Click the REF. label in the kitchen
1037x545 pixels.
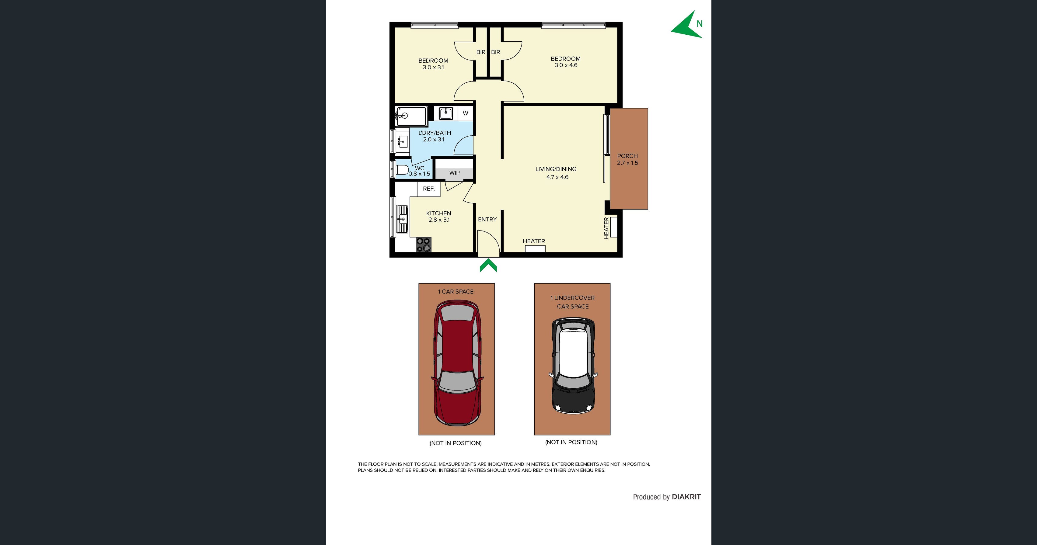coord(429,189)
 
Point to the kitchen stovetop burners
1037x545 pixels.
coord(423,244)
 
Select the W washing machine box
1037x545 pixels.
coord(465,113)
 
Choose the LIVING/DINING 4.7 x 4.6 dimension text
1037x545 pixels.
coord(557,177)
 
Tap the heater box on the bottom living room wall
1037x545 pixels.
coord(535,248)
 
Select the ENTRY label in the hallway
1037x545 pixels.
coord(487,219)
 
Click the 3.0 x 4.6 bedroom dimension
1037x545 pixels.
coord(566,65)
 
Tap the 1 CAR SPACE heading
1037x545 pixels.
coord(456,292)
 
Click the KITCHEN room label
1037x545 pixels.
coord(438,213)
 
